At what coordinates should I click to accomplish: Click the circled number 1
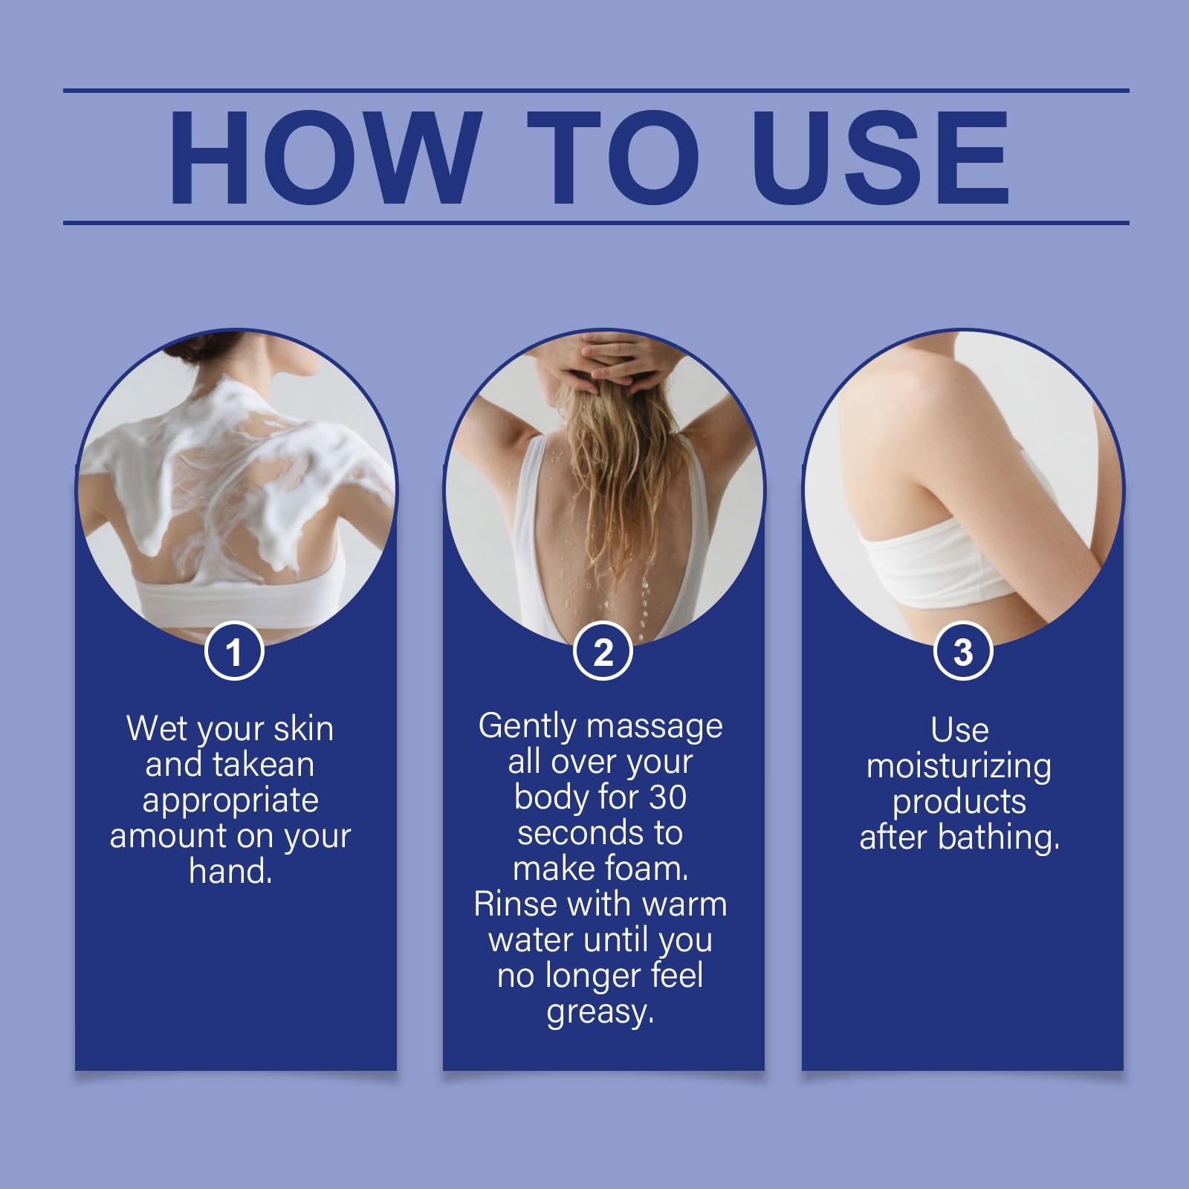[x=234, y=652]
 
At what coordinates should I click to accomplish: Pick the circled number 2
[x=603, y=652]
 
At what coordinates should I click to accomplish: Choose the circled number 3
[x=962, y=652]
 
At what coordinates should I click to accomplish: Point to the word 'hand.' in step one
[x=230, y=870]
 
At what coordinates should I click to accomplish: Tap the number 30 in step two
[x=668, y=797]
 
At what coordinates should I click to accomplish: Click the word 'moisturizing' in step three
[x=959, y=766]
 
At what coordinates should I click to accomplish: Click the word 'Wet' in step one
[x=152, y=728]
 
